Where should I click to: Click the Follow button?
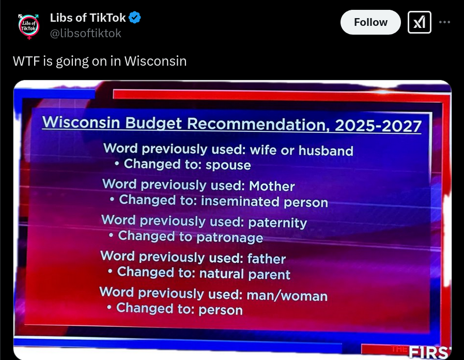tap(370, 22)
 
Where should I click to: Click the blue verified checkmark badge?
tap(135, 18)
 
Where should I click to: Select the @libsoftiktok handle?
tap(86, 33)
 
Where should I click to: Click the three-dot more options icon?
tap(444, 22)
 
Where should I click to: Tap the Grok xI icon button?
tap(420, 22)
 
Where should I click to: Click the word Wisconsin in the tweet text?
tap(156, 61)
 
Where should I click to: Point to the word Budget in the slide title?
tap(153, 123)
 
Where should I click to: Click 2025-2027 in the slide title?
tap(378, 126)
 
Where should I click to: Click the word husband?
tap(326, 151)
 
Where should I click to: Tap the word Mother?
tap(272, 186)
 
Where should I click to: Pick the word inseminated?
tap(240, 201)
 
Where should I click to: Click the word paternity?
tap(277, 223)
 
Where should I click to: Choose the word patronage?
tap(229, 237)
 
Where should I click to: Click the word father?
tap(267, 259)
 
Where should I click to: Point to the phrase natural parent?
tap(245, 274)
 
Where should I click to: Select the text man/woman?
tap(287, 296)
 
